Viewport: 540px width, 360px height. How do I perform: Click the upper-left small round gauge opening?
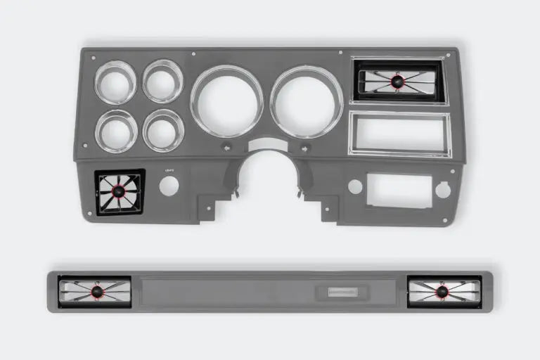click(115, 83)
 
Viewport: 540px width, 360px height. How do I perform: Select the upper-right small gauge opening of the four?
click(162, 82)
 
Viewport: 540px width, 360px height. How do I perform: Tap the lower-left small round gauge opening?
click(116, 131)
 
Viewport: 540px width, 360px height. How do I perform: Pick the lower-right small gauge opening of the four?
click(163, 130)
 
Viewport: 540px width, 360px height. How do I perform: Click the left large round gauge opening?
click(226, 101)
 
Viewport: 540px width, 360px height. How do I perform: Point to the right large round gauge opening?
click(307, 101)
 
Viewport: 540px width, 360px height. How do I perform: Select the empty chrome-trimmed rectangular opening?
click(399, 134)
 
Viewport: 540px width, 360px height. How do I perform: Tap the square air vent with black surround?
click(120, 193)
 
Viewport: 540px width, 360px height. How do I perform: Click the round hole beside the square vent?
click(169, 186)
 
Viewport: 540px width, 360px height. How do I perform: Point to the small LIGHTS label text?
click(169, 170)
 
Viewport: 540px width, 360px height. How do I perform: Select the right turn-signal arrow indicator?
click(305, 148)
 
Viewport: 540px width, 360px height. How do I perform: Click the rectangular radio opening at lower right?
click(399, 190)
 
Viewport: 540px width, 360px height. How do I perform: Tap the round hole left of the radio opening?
click(355, 187)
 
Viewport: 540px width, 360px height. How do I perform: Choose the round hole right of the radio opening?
click(443, 189)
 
